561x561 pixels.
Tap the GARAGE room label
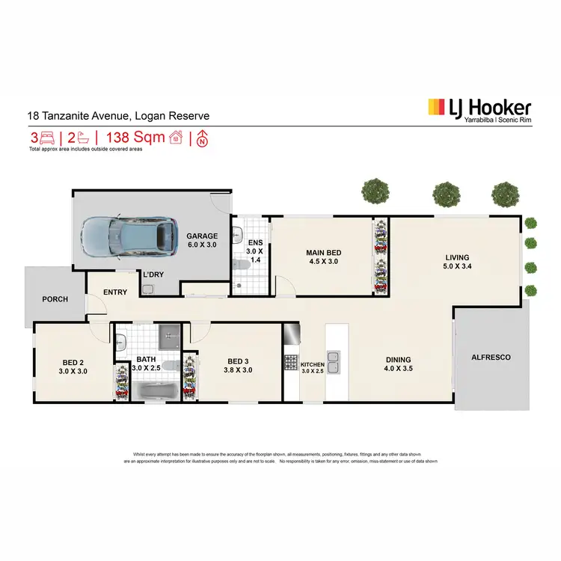202,236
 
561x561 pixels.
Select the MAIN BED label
322,252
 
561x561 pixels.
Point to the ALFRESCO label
491,358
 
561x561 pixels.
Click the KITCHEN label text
313,364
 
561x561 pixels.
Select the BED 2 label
73,361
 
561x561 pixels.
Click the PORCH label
55,299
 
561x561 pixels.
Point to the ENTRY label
114,292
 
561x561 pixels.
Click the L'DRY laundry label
154,274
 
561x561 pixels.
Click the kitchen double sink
334,362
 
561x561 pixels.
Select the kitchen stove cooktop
290,363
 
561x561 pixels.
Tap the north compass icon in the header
201,138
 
